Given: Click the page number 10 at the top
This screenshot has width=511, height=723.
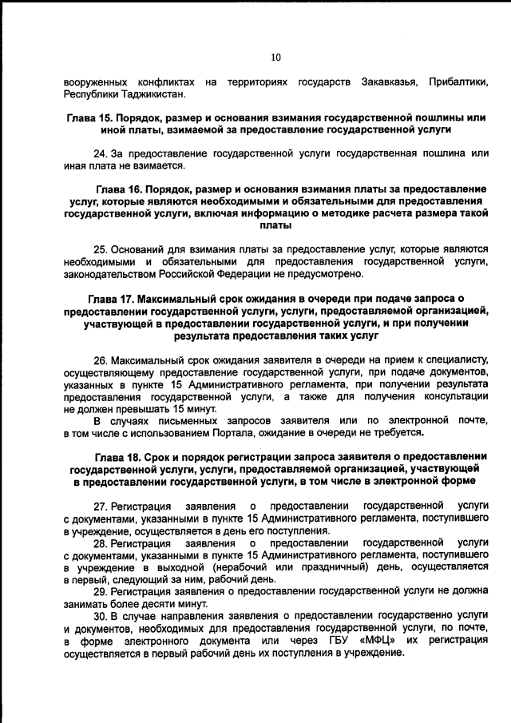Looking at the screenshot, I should tap(276, 57).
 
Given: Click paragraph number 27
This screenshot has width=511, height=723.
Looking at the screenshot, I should tap(99, 506).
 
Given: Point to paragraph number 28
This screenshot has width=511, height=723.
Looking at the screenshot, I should tap(99, 542).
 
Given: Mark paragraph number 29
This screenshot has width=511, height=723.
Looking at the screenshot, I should tap(99, 592).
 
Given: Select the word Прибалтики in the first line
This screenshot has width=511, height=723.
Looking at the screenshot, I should tap(458, 81).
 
